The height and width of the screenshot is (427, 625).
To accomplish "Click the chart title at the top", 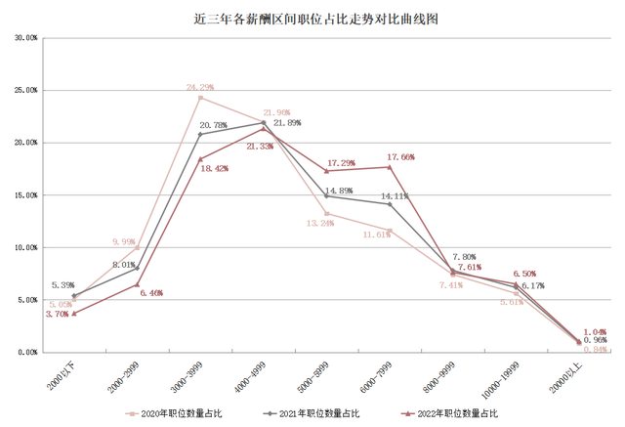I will tap(312, 18).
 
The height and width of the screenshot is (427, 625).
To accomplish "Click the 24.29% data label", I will tap(200, 87).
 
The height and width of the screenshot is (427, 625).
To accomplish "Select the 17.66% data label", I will tap(401, 156).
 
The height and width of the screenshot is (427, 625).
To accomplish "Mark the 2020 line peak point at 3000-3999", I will tap(200, 98).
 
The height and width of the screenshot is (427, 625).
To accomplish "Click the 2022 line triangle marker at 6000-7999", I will tap(390, 167).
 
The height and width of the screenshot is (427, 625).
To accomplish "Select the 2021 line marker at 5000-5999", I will tap(326, 196).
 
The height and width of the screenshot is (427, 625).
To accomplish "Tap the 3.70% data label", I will tap(56, 314).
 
